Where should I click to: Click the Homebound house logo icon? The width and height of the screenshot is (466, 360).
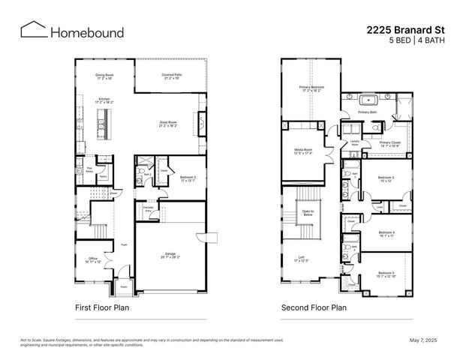[32, 30]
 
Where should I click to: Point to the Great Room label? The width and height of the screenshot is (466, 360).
[168, 122]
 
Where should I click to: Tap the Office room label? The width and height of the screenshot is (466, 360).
[92, 259]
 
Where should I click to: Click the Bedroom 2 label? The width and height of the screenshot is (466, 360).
[188, 178]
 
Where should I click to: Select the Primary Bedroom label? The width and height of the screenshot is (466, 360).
[310, 88]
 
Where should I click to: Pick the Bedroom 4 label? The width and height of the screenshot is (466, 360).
[386, 233]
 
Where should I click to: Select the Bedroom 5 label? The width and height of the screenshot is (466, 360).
[386, 274]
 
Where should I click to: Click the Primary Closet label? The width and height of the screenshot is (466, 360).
[389, 142]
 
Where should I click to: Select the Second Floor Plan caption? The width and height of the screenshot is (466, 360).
[314, 307]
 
